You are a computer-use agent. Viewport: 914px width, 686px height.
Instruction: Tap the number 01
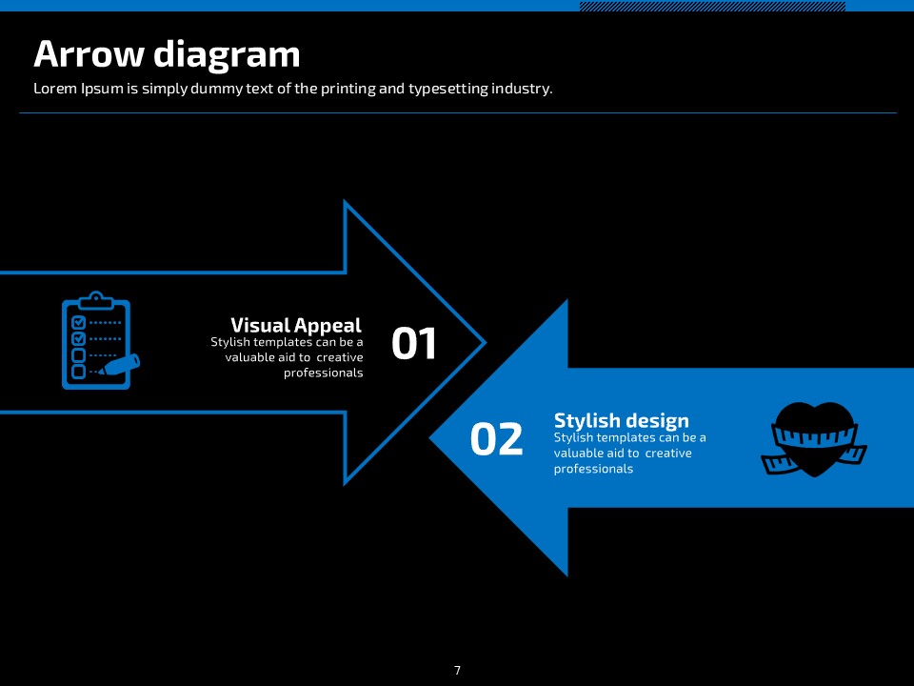coord(414,344)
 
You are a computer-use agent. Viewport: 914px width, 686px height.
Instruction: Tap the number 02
coord(497,439)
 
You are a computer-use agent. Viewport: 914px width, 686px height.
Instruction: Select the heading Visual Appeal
coord(295,325)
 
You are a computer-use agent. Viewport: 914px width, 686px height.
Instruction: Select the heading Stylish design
coord(621,420)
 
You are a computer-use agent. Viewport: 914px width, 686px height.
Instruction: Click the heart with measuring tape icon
coord(814,439)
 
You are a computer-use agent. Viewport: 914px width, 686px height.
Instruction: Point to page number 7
coord(457,671)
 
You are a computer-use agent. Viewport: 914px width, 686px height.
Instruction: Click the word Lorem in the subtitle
coord(54,89)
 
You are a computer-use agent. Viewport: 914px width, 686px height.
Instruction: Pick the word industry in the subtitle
coord(519,89)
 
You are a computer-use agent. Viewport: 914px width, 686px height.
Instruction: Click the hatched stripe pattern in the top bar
coord(711,6)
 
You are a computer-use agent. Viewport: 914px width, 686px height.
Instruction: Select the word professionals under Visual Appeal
coord(323,373)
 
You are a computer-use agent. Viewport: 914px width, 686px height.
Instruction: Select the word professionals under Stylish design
coord(593,469)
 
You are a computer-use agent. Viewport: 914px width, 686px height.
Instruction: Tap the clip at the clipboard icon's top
coord(95,299)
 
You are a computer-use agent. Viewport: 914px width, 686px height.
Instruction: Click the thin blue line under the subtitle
coord(457,112)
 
